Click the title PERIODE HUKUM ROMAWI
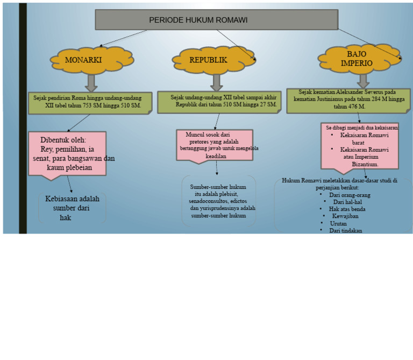pyautogui.click(x=198, y=20)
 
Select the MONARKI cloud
pyautogui.click(x=91, y=60)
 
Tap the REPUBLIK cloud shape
pyautogui.click(x=213, y=60)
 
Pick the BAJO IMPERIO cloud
pyautogui.click(x=360, y=59)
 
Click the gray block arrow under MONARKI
pyautogui.click(x=91, y=83)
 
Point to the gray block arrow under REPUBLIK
pyautogui.click(x=217, y=83)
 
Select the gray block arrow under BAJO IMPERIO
pyautogui.click(x=363, y=81)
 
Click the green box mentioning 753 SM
pyautogui.click(x=90, y=103)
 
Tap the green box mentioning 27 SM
pyautogui.click(x=219, y=102)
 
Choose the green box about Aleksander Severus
pyautogui.click(x=348, y=101)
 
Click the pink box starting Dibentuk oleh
pyautogui.click(x=67, y=156)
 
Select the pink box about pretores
pyautogui.click(x=215, y=146)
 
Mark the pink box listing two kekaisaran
pyautogui.click(x=360, y=148)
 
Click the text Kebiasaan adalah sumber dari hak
pyautogui.click(x=72, y=208)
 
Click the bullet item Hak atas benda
pyautogui.click(x=347, y=209)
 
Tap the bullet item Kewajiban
pyautogui.click(x=345, y=216)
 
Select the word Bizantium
pyautogui.click(x=365, y=164)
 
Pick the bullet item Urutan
pyautogui.click(x=338, y=223)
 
